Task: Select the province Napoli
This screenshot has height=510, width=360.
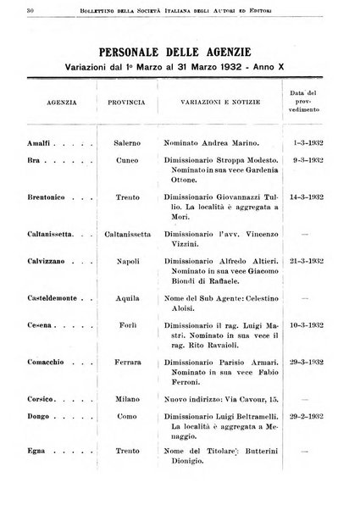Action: pos(127,289)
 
